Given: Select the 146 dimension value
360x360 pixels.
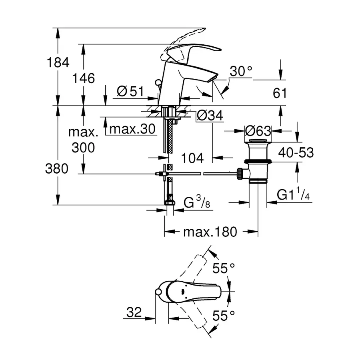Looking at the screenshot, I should (83, 78).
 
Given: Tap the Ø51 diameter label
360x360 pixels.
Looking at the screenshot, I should (130, 92).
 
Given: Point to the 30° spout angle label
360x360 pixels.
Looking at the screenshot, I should (241, 71).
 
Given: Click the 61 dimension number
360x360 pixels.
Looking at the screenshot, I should (280, 93).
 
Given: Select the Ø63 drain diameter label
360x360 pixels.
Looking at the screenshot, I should (258, 131).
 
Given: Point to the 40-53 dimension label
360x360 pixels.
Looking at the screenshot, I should (296, 152).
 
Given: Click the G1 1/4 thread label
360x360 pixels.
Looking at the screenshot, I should (293, 195).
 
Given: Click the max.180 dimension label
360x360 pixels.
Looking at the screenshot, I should (210, 231).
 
